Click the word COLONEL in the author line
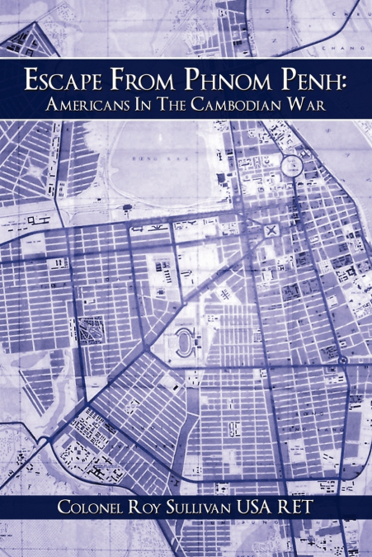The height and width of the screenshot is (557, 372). click(91, 507)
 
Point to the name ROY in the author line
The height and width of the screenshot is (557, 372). click(153, 507)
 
